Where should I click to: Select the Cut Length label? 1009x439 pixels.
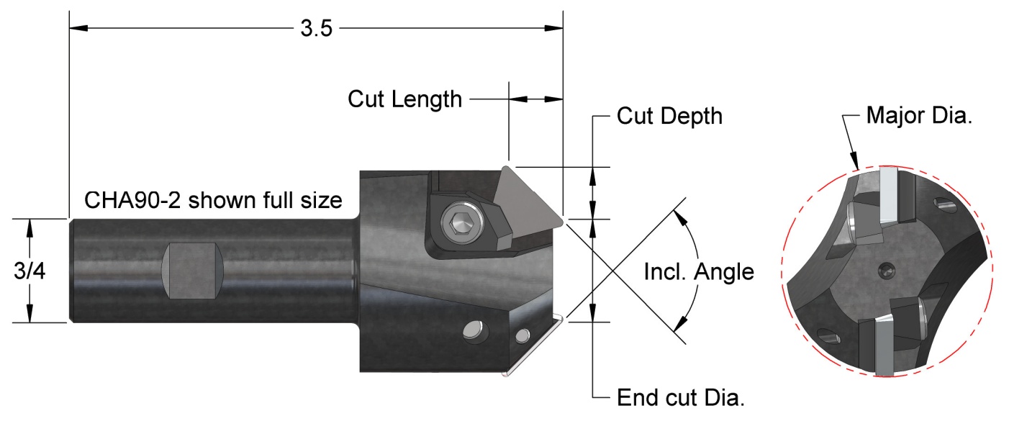tap(404, 99)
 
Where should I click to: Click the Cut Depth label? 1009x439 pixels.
tap(669, 115)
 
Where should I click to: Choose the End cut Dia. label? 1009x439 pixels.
tap(681, 397)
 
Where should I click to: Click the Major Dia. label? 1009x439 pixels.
tap(919, 115)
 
